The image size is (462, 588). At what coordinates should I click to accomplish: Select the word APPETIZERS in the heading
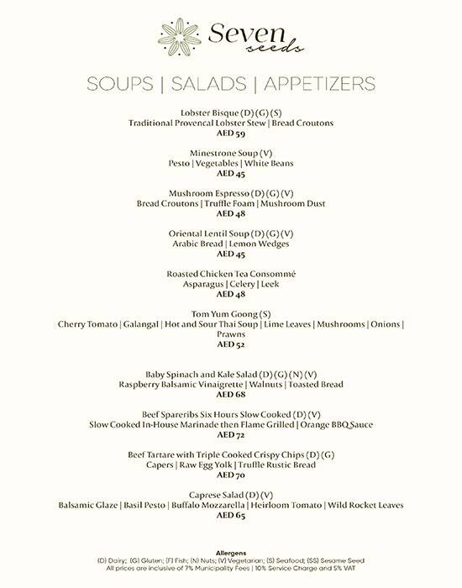(318, 84)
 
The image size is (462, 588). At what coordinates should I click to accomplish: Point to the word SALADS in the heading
(211, 84)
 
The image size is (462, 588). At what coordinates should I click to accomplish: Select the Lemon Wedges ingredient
(251, 244)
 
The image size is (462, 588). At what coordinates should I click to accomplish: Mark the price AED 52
(230, 344)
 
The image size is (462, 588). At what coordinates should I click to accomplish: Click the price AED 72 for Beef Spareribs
(230, 434)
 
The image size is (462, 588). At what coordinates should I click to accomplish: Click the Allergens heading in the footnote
(230, 554)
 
